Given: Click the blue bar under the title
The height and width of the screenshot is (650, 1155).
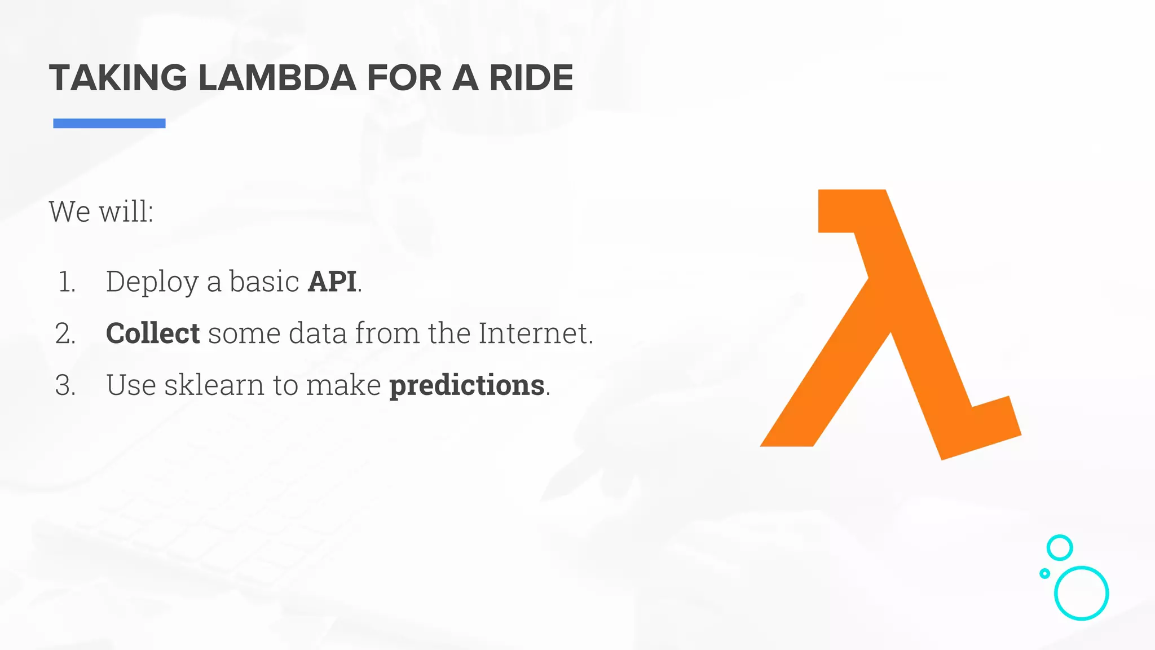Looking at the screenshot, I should (109, 123).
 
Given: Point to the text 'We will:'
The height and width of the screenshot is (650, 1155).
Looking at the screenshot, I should (101, 212).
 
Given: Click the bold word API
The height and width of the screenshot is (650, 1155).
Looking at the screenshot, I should (332, 282).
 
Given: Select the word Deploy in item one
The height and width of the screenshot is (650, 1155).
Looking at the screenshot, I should (152, 282).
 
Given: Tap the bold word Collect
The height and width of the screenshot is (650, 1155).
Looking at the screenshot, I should (153, 333).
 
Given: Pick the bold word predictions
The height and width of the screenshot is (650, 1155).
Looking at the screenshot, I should (467, 385).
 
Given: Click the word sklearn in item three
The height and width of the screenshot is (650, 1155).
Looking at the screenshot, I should (214, 385).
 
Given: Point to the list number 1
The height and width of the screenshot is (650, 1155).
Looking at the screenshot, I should (67, 282).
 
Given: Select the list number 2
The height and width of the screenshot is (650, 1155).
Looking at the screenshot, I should (65, 333).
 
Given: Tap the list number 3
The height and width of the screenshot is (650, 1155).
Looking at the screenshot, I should (65, 385).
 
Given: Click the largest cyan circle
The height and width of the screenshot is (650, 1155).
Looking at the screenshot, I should (1081, 593).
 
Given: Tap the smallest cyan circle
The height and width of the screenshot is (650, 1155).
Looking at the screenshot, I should (1044, 573).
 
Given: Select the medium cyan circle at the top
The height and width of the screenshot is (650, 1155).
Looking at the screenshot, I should (1060, 547).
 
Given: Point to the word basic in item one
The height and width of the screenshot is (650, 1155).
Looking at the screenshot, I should (264, 282).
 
